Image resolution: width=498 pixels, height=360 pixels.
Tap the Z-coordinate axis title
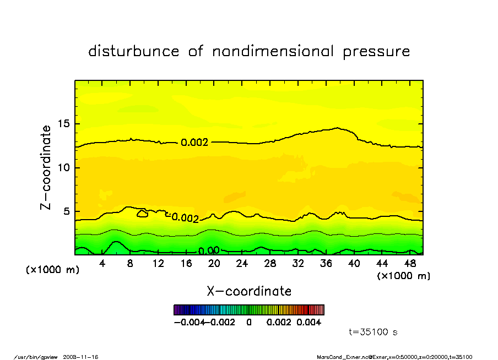point(46,167)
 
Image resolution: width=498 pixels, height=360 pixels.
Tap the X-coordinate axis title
point(249,291)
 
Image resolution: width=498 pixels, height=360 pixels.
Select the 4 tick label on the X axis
point(102,264)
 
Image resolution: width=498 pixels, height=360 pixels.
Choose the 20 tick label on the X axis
point(214,264)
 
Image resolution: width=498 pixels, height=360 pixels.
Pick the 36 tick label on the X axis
point(326,264)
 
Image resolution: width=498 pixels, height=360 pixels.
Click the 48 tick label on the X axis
point(409,264)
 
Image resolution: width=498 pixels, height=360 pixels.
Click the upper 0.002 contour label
point(194,143)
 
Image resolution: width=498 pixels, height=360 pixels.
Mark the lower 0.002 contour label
point(185,218)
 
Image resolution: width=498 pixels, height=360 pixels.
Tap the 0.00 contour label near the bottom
point(209,251)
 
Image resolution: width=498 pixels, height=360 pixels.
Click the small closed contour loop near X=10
point(142,214)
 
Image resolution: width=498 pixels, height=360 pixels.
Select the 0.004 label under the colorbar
point(308,322)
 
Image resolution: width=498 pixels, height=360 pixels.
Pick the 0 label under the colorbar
point(249,322)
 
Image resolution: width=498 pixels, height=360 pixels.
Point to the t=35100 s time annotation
point(373,332)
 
